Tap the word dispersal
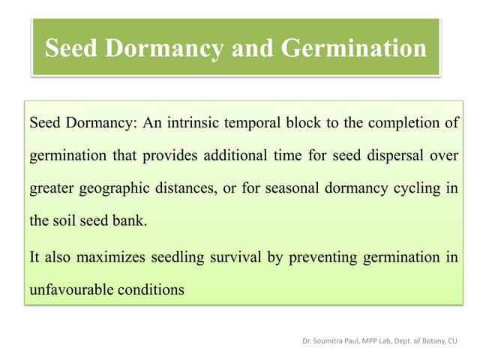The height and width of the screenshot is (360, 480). coord(403,155)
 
